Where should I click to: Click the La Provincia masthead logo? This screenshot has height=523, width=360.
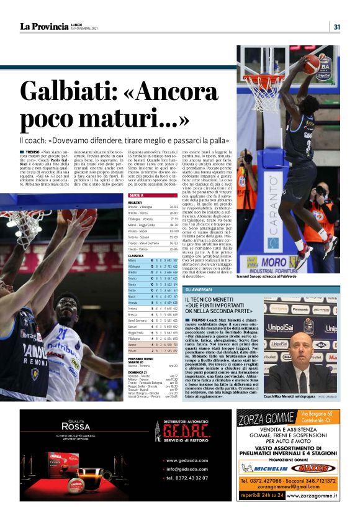pos(44,26)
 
